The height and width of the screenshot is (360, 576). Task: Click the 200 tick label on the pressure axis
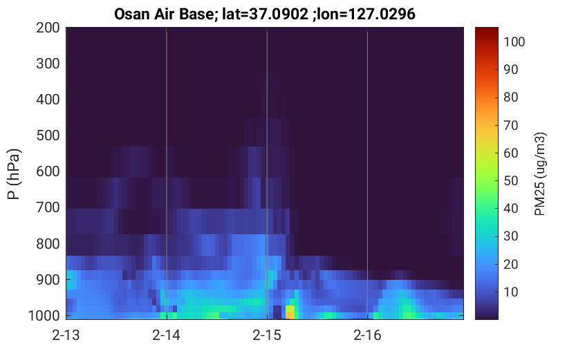pos(48,28)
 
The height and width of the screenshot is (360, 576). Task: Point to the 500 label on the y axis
pos(48,135)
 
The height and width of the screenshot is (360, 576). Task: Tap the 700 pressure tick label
pos(48,207)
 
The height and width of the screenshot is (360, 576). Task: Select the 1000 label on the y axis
pos(44,315)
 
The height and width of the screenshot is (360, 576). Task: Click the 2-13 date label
pos(66,335)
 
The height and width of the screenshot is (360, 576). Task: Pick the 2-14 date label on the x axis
pos(167,335)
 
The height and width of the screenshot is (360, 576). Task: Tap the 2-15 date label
pos(267,335)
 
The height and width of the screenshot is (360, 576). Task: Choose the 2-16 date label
pos(367,335)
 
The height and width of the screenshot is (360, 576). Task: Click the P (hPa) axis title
pos(14,174)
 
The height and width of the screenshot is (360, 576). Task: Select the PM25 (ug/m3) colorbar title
pos(540,174)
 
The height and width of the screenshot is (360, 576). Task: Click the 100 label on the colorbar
pos(514,42)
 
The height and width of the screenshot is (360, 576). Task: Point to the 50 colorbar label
pos(510,180)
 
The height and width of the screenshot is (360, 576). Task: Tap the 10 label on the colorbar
pos(510,292)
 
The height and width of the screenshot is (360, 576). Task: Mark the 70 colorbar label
pos(510,125)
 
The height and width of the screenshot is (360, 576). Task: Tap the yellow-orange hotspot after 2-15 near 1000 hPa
pos(290,312)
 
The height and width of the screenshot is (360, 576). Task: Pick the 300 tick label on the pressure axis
pos(48,64)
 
